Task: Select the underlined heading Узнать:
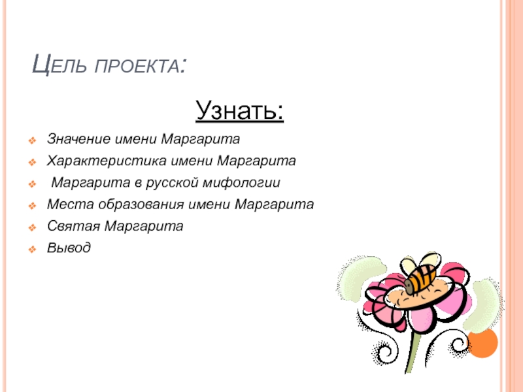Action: pos(239,110)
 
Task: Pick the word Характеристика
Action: pos(107,161)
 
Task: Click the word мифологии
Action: pos(241,183)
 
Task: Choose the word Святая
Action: pos(73,226)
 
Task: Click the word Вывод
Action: pos(69,248)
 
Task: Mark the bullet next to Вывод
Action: pos(32,250)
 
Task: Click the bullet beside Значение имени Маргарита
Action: pos(32,140)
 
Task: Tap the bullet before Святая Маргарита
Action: pos(32,227)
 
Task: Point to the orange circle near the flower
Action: pos(482,342)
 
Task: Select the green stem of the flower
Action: pos(413,351)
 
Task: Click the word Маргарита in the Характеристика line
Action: pos(256,161)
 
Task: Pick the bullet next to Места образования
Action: pos(32,206)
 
